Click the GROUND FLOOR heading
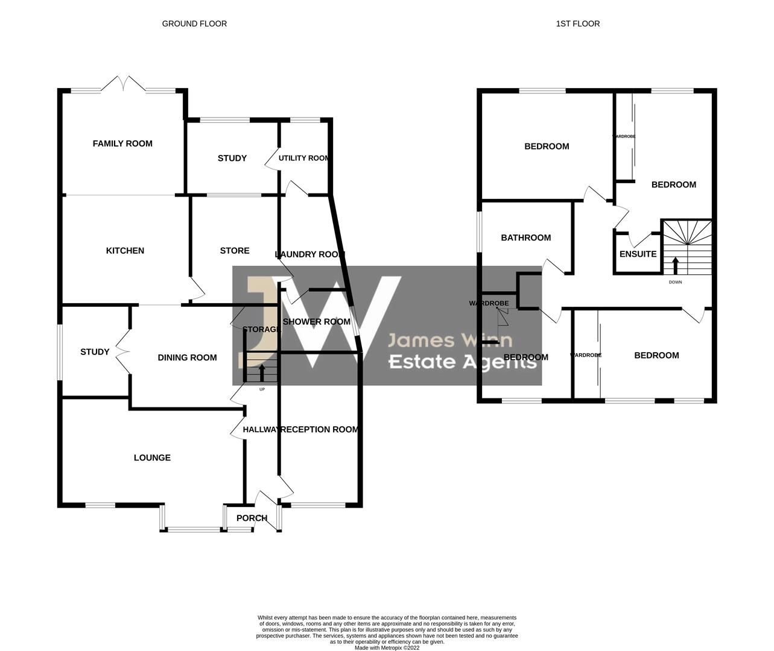point(194,24)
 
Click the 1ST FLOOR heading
point(577,24)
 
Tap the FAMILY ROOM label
point(122,143)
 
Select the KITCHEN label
point(125,251)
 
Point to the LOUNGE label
point(152,458)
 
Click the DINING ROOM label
point(187,357)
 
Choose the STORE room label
point(235,251)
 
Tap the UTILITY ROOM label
point(304,158)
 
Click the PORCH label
point(252,518)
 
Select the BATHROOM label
point(525,237)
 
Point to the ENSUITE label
point(638,254)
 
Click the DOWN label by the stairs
point(675,282)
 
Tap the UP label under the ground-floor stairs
point(262,389)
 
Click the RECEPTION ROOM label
point(320,429)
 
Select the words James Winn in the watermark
point(449,341)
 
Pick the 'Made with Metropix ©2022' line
point(387,648)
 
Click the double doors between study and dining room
point(124,351)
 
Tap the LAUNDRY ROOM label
point(309,254)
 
